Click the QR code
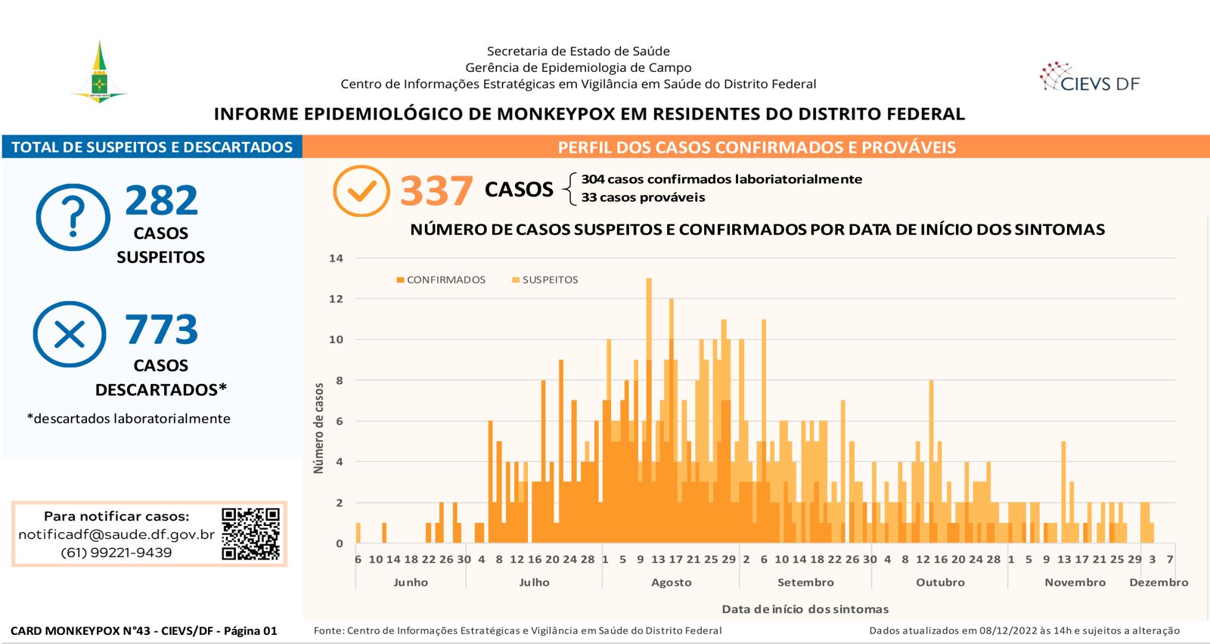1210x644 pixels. click(x=250, y=534)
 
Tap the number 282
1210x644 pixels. click(x=162, y=200)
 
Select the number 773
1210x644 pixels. click(x=162, y=329)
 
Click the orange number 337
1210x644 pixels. click(x=436, y=190)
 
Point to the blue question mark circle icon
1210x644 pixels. click(x=73, y=217)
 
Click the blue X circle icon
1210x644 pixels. click(x=70, y=334)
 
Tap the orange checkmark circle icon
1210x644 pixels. click(x=361, y=190)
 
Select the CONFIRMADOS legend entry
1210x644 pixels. click(x=441, y=280)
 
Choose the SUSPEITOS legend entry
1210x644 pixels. click(x=545, y=280)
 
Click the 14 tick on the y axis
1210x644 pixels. click(x=336, y=258)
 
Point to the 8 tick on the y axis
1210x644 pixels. click(x=340, y=380)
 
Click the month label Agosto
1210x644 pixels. click(x=672, y=583)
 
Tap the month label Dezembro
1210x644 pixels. click(x=1159, y=583)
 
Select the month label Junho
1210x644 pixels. click(x=411, y=583)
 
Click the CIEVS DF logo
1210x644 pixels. click(x=1090, y=78)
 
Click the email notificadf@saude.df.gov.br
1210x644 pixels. click(x=116, y=534)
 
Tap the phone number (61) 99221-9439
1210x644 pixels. click(x=116, y=553)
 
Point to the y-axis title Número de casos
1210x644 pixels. click(x=318, y=429)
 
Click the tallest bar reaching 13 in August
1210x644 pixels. click(x=649, y=410)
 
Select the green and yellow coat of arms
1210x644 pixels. click(x=99, y=72)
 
